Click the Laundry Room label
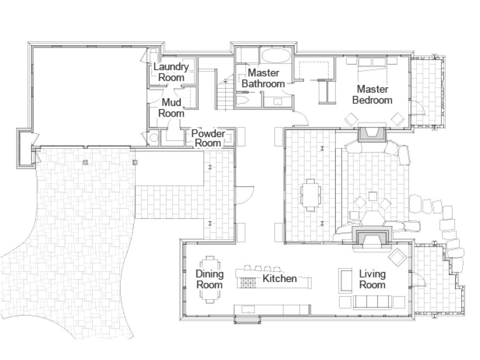click(x=171, y=72)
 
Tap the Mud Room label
click(x=171, y=108)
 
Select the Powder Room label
click(x=208, y=138)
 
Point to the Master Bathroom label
click(x=263, y=78)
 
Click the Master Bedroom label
click(x=372, y=94)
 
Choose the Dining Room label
click(x=209, y=279)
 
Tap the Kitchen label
click(x=279, y=279)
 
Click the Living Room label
click(x=372, y=279)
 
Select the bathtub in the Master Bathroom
click(x=276, y=55)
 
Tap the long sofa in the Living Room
click(x=372, y=301)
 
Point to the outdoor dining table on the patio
click(x=311, y=195)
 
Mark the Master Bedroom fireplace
click(x=372, y=133)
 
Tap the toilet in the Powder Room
click(x=153, y=138)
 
